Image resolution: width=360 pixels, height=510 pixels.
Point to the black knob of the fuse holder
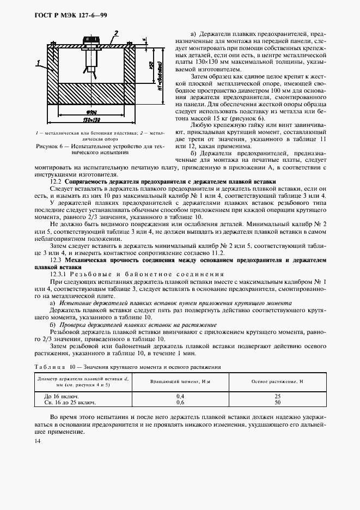tap(89, 41)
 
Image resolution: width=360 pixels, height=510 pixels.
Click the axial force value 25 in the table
tap(278, 396)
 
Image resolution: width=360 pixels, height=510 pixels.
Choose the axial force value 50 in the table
tap(278, 402)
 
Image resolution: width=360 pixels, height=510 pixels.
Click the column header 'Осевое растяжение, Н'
tap(278, 381)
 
